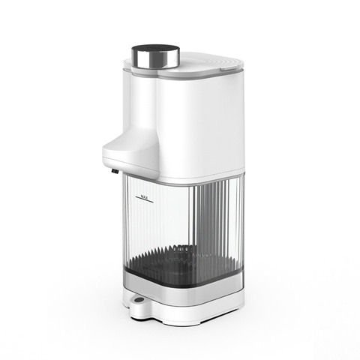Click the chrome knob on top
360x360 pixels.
pos(155,57)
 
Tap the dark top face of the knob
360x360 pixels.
pos(155,49)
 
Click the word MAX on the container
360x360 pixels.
pos(144,196)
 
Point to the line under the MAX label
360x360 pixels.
pos(145,199)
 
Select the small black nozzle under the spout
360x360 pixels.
pos(115,171)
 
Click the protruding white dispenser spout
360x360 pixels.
pos(130,152)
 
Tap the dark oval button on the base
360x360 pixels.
pos(139,299)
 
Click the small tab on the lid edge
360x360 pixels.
pos(228,67)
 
